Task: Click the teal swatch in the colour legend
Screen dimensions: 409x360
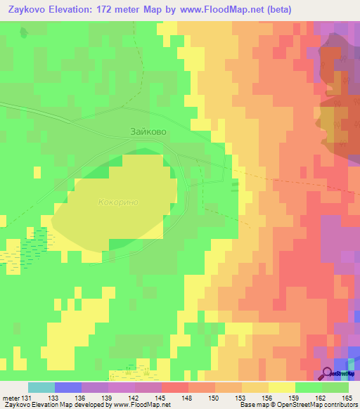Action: coord(41,387)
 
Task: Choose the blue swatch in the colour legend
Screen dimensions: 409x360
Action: coord(67,387)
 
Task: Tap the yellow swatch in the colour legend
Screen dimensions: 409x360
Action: coord(281,387)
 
